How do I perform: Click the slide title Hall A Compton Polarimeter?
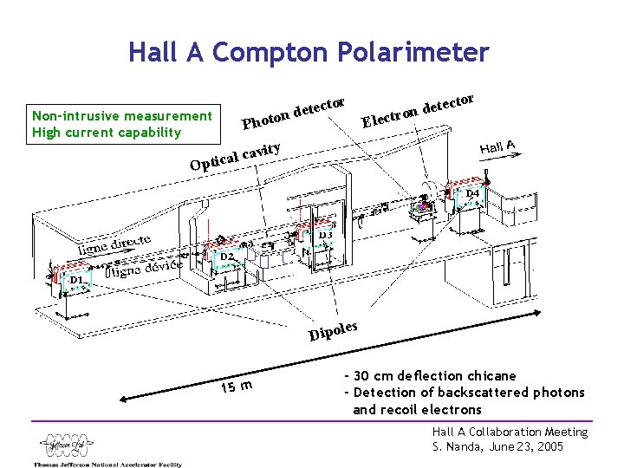point(309,53)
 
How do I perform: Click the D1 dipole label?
point(76,281)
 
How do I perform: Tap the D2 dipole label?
point(226,257)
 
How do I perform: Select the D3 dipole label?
point(325,235)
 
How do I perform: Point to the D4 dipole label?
point(472,192)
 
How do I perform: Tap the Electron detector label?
point(417,109)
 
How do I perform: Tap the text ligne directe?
point(114,244)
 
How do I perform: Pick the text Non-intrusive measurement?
point(120,116)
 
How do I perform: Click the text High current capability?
point(106,133)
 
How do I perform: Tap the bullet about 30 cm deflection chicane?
point(430,376)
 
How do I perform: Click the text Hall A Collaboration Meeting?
point(510,432)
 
